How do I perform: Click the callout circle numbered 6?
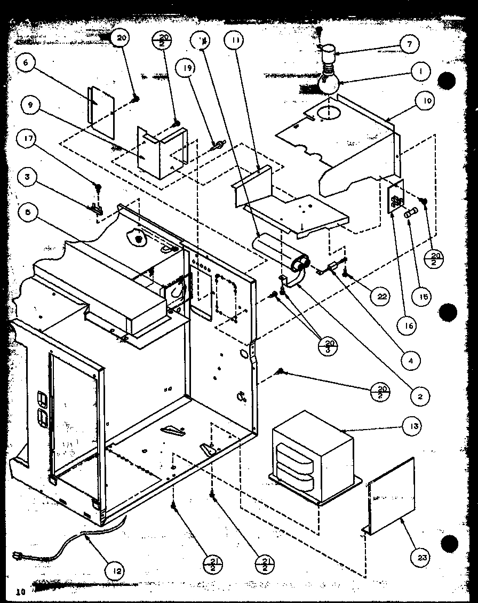tap(25, 62)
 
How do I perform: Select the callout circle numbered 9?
tap(30, 105)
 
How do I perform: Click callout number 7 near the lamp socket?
tap(410, 44)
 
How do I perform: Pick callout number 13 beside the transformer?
tap(415, 426)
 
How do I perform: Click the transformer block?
tap(312, 458)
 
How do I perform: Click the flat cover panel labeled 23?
tap(391, 497)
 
